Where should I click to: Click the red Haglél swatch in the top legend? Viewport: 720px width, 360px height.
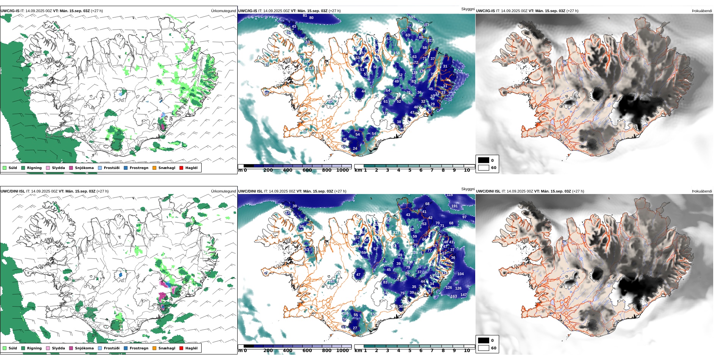coord(181,168)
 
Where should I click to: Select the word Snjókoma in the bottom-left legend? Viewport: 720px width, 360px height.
coord(84,348)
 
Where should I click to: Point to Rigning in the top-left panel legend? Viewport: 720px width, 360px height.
coord(34,168)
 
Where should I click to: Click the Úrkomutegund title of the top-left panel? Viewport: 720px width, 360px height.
coord(223,11)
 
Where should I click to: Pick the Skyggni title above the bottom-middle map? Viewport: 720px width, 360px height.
coord(468,189)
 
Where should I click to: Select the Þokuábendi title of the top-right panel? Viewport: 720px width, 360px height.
coord(702,11)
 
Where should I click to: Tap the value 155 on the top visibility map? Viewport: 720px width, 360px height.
coord(412,17)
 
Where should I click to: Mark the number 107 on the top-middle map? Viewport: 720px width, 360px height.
coord(426,25)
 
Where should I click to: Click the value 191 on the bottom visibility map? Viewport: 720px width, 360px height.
coord(454,206)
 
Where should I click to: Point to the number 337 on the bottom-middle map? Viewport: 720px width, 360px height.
coord(396,233)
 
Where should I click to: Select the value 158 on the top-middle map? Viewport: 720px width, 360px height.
coord(396,53)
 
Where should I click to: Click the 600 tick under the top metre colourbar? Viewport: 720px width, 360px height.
coord(307,171)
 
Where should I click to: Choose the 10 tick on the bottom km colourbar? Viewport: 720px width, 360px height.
coord(467,351)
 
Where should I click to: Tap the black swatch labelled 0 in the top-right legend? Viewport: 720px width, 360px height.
coord(484,160)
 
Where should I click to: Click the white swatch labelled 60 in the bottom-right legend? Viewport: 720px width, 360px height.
coord(484,348)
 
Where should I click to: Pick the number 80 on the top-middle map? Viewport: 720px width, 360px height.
coord(311,18)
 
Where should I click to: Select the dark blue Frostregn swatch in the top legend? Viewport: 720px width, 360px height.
coord(125,168)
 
